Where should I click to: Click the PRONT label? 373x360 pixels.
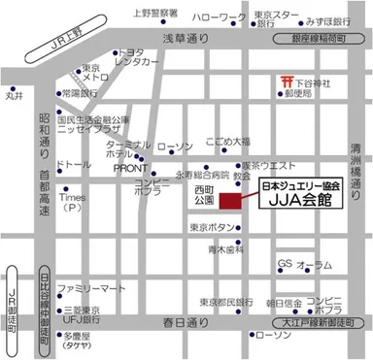coord(130,167)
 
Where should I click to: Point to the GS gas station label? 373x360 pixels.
coord(285,263)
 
